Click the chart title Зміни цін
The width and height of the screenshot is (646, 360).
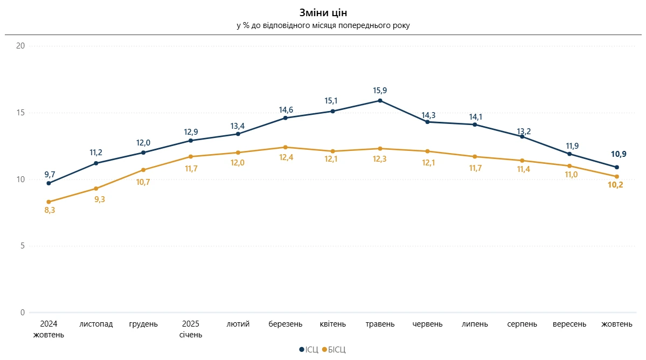coord(323,12)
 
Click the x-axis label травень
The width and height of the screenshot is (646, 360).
coord(380,324)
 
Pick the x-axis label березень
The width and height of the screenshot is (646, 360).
coord(285,324)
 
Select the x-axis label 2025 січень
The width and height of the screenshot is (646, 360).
coord(191,329)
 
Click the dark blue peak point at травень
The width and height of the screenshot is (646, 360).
coord(380,100)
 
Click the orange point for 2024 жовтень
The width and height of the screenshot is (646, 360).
coord(49,202)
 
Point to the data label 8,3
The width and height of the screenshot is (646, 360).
coord(49,211)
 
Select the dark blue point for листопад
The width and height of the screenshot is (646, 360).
coord(96,163)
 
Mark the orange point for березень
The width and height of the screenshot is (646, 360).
coord(285,147)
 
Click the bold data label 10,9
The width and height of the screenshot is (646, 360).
coord(619,155)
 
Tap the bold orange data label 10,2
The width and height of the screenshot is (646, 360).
coord(615,185)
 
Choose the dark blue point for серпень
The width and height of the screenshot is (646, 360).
coord(522,136)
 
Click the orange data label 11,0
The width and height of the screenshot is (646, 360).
coord(569,175)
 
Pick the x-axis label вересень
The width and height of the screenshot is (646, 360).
coord(569,324)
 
